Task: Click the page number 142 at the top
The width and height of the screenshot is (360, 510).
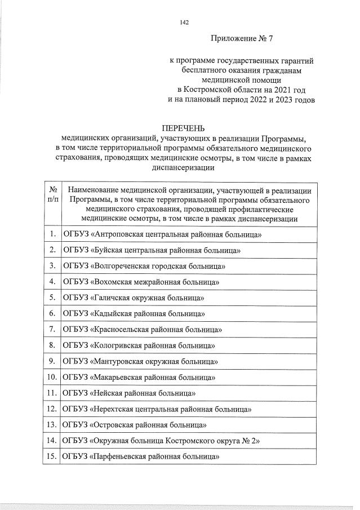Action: click(x=184, y=23)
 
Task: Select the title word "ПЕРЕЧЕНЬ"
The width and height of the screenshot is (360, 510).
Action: click(x=183, y=128)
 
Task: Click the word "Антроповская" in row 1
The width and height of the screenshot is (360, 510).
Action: click(x=119, y=234)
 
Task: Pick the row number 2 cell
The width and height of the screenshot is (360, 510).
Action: click(x=52, y=250)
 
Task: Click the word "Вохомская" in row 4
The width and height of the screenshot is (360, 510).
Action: click(x=113, y=281)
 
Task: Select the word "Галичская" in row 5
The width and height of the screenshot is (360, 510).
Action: click(x=112, y=297)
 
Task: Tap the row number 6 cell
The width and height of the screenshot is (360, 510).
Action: click(x=52, y=313)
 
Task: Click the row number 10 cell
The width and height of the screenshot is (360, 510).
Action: click(x=52, y=376)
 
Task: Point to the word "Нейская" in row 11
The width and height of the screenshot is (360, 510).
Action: click(x=108, y=392)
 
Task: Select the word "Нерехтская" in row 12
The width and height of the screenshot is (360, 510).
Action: click(x=114, y=409)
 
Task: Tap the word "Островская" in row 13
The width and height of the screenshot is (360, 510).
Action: click(x=113, y=424)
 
